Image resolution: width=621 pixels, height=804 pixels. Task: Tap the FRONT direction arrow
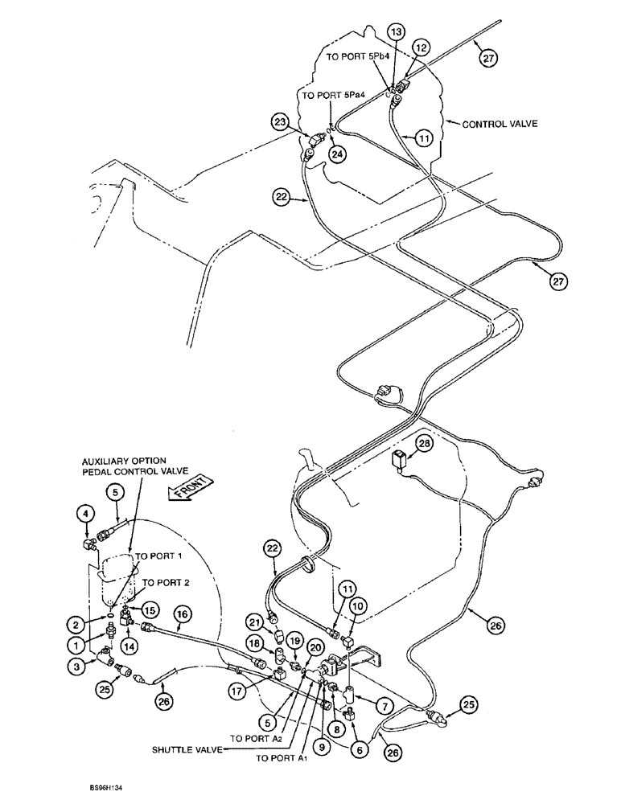coord(191,490)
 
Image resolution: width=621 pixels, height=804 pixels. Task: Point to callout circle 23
coord(278,123)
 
